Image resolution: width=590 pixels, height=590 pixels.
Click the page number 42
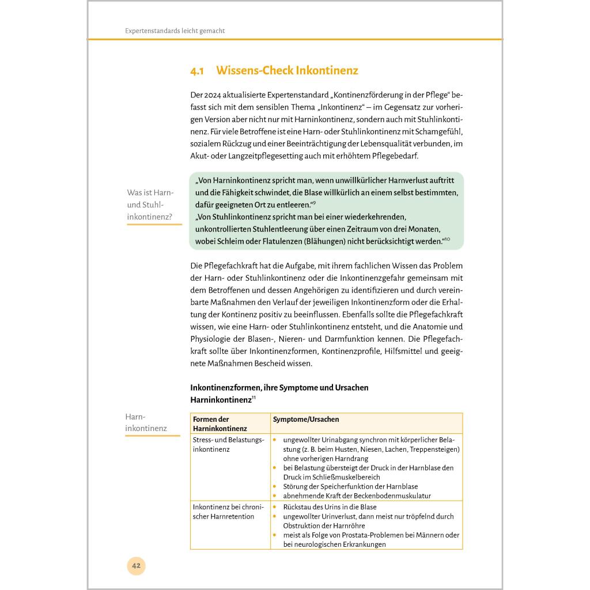click(x=136, y=565)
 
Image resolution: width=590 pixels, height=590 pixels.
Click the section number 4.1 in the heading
click(x=197, y=71)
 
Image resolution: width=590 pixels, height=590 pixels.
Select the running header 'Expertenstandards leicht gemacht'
click(x=175, y=31)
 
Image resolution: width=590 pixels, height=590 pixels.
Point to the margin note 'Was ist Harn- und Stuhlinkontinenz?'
click(x=150, y=205)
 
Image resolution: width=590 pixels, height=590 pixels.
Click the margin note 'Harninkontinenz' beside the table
click(x=146, y=422)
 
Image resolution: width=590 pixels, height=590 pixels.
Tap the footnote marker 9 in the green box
click(x=313, y=202)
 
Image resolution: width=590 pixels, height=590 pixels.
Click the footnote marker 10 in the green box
click(x=447, y=239)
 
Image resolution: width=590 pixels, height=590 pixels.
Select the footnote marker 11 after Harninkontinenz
click(x=254, y=397)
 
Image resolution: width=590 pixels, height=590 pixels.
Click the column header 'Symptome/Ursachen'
click(x=306, y=419)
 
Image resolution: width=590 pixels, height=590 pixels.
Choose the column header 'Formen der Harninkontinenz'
click(x=220, y=423)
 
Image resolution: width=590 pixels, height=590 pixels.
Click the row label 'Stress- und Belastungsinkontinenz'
click(x=228, y=444)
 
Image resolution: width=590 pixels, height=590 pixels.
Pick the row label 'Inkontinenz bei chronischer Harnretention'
click(x=228, y=512)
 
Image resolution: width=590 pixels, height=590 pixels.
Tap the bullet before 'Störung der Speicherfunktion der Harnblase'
click(x=275, y=486)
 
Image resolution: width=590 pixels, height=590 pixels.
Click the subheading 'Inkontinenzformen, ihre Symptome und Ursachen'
click(x=279, y=387)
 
